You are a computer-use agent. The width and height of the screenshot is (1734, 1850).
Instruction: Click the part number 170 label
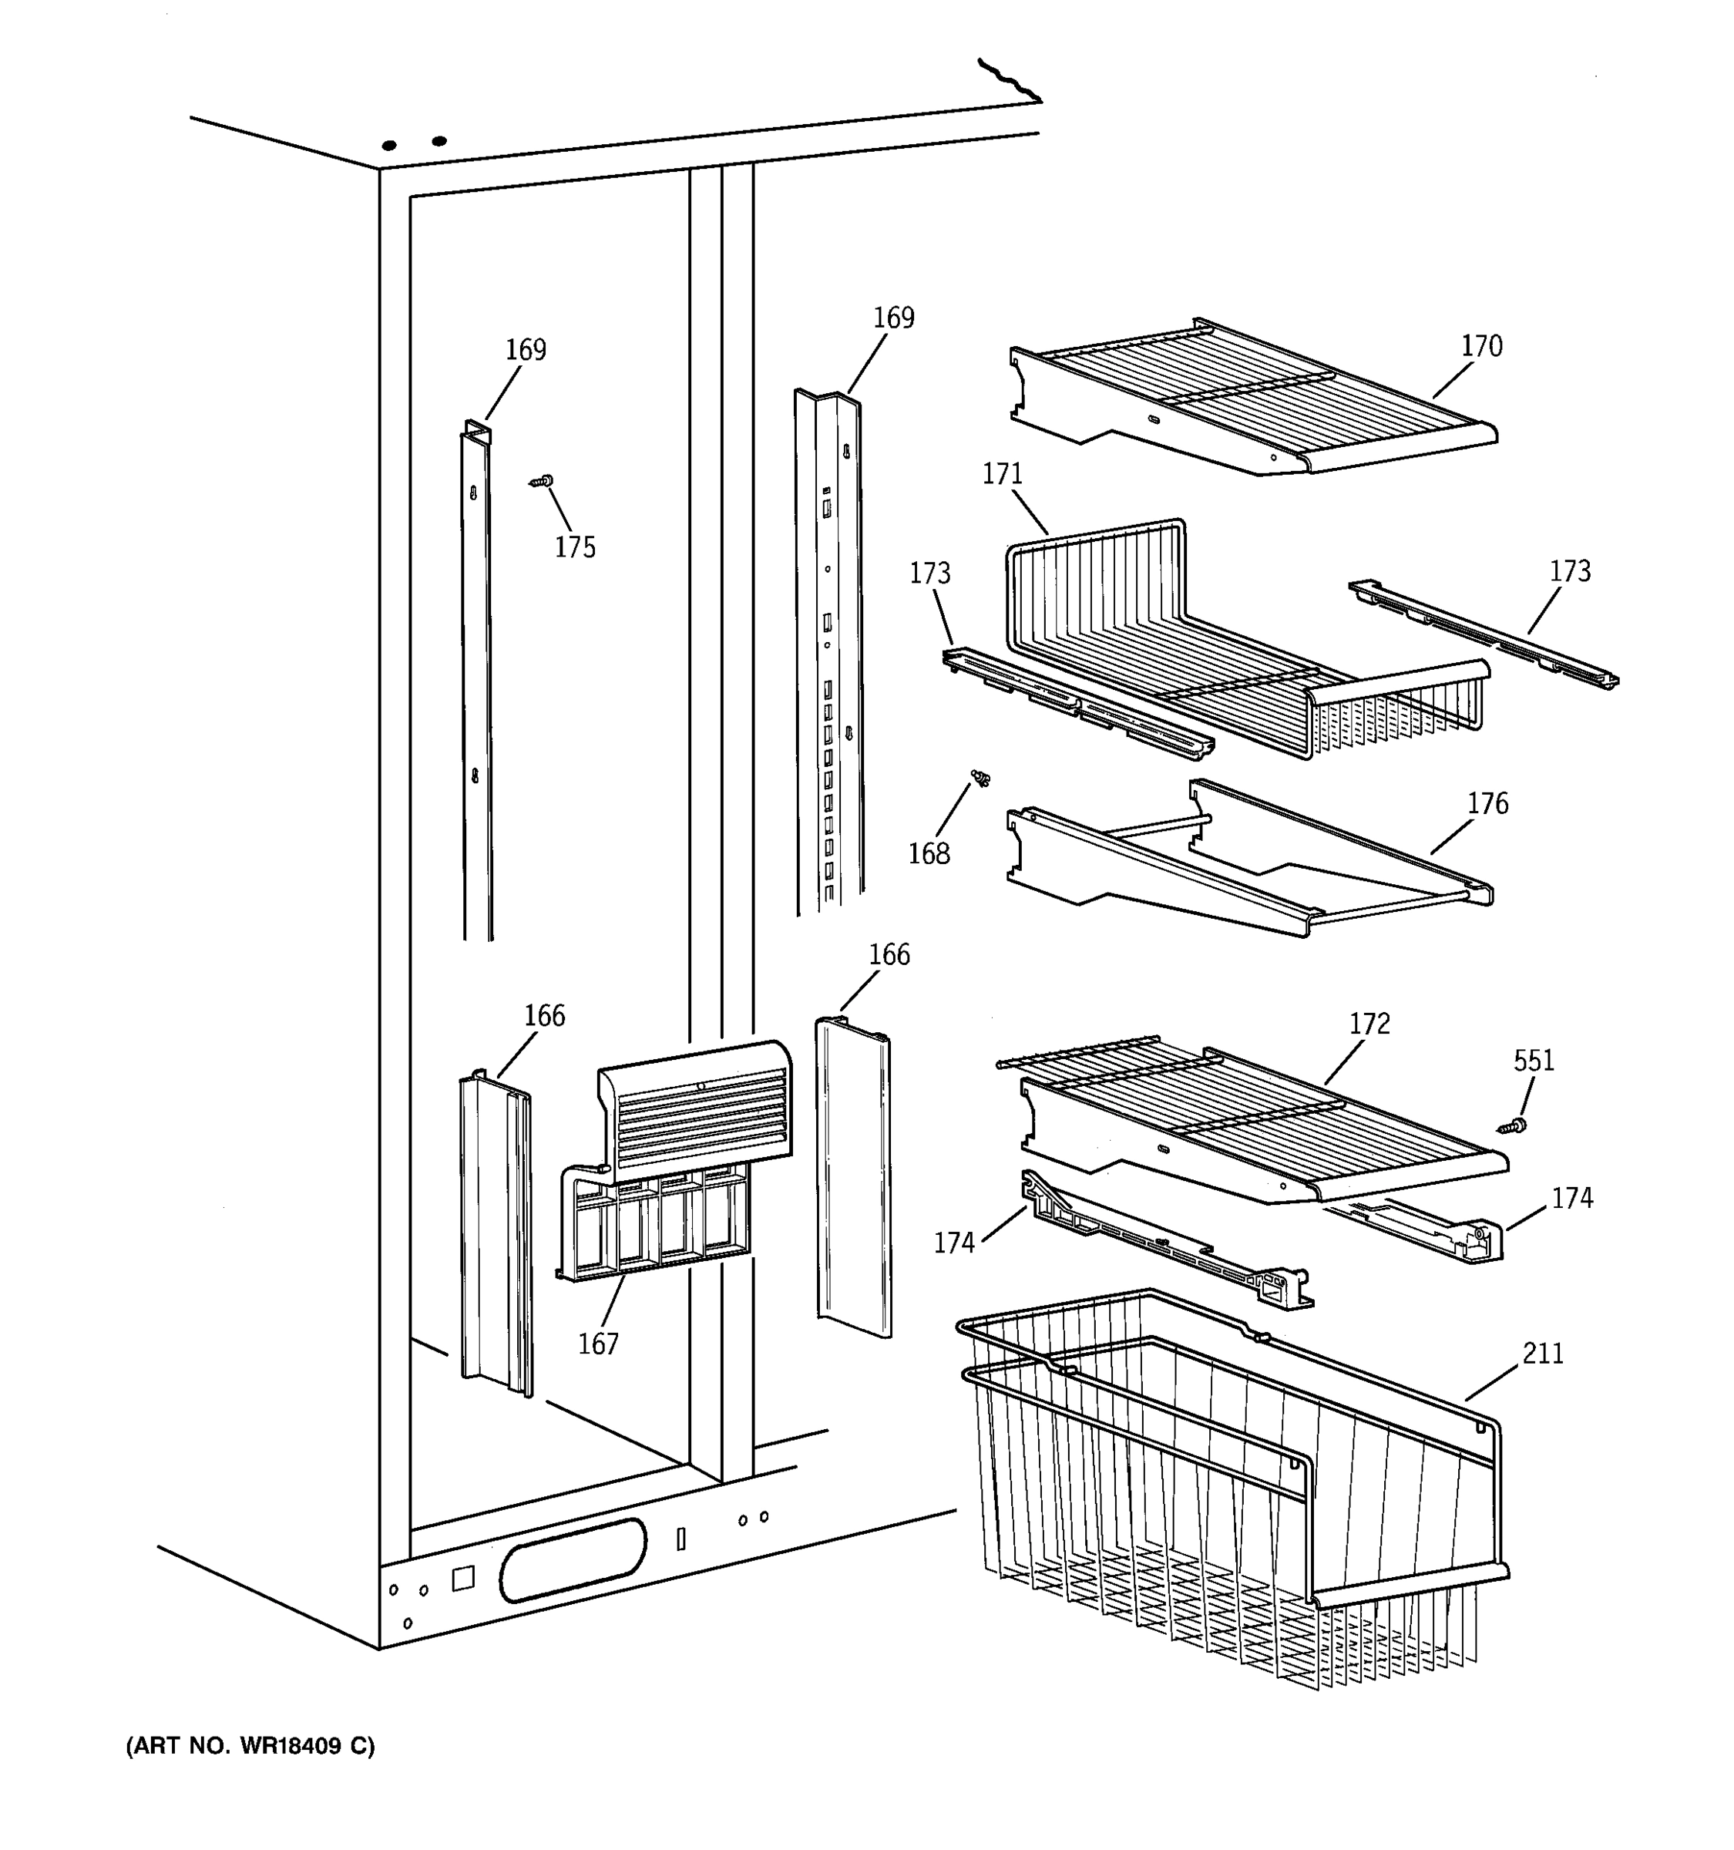(1481, 346)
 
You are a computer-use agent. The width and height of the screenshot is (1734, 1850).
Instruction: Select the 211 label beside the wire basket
(1542, 1353)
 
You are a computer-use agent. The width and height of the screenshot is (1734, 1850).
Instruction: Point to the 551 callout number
(1533, 1060)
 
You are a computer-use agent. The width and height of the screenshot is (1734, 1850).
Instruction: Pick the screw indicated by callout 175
(542, 481)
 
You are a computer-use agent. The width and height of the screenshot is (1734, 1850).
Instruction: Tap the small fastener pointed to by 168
(980, 777)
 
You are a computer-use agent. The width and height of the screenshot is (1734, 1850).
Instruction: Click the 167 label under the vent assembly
(597, 1344)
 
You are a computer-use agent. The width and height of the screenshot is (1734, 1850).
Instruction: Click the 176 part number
(1487, 803)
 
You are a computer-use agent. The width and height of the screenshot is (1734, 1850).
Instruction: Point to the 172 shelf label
(1369, 1024)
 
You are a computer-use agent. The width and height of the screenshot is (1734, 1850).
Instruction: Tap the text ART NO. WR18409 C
(250, 1746)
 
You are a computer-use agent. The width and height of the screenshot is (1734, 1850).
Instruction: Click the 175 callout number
(575, 547)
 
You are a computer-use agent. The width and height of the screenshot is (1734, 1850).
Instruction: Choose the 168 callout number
(929, 853)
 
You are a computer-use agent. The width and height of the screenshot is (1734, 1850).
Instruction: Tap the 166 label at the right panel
(889, 955)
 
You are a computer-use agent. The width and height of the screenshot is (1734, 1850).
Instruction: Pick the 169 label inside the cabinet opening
(526, 350)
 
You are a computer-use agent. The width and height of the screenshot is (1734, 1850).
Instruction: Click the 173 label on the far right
(1569, 570)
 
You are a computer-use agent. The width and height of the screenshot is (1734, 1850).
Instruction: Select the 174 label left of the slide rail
(953, 1243)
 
